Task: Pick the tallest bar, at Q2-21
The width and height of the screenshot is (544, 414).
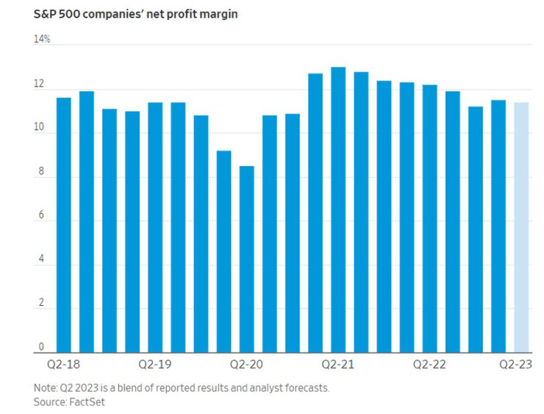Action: (338, 210)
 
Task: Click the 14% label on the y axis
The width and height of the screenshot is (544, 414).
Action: (41, 39)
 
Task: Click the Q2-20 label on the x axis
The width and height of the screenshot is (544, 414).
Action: (246, 364)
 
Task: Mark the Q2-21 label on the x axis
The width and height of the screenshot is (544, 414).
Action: (338, 364)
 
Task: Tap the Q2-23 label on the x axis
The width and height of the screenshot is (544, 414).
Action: (516, 364)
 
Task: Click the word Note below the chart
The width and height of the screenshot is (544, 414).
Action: (44, 388)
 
